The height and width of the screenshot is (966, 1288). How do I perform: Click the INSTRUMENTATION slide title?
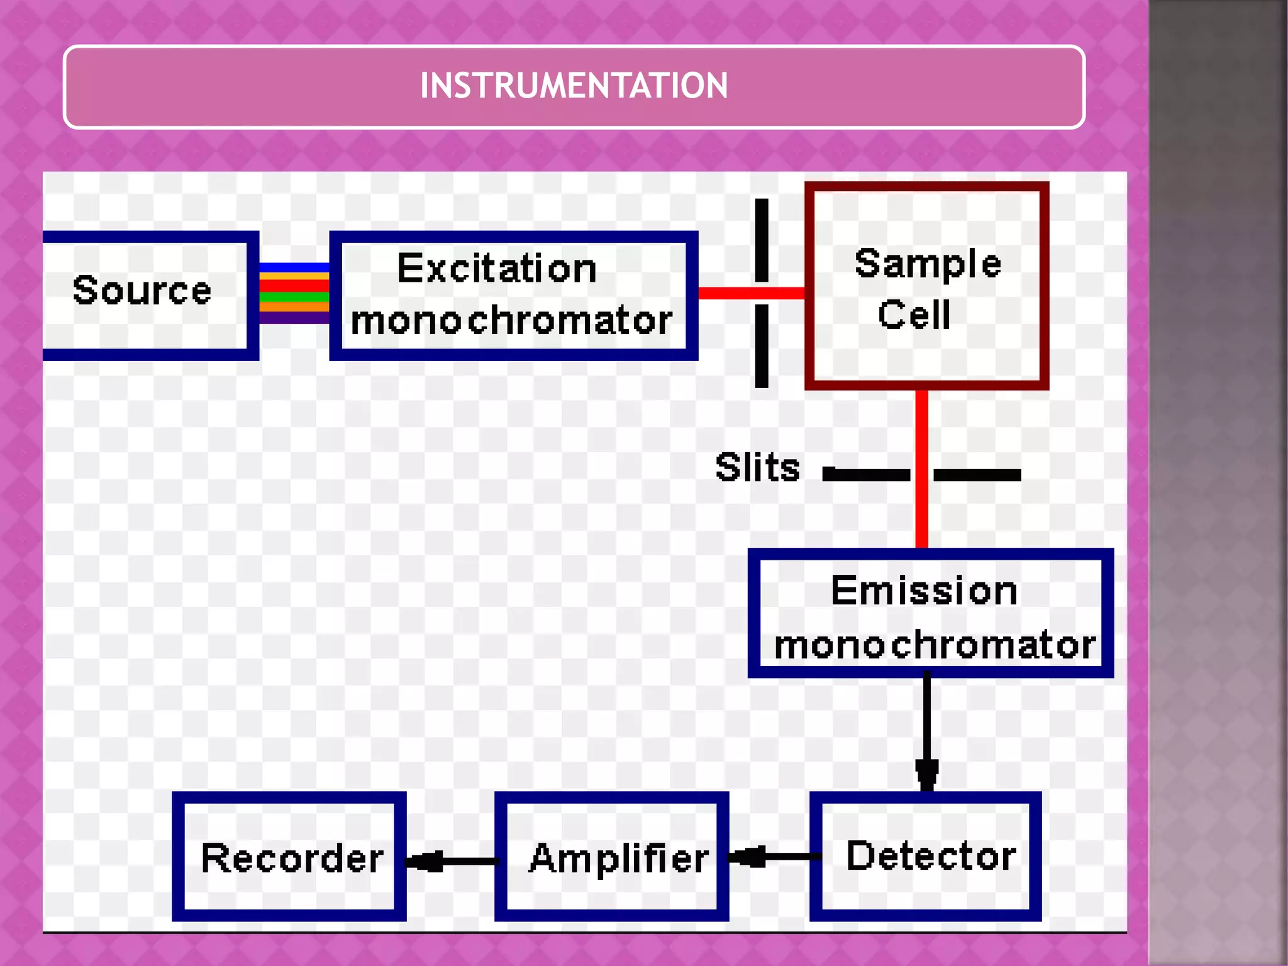(574, 86)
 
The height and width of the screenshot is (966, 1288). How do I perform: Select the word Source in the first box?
(142, 291)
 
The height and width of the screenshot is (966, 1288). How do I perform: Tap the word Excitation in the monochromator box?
(497, 269)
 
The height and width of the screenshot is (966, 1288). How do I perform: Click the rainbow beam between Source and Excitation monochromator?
(294, 293)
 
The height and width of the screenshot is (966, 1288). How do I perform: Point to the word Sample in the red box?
(928, 264)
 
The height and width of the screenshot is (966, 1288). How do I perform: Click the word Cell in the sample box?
(914, 314)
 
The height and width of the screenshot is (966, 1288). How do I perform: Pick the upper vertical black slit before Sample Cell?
(762, 240)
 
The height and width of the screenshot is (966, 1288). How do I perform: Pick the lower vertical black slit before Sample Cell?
(762, 345)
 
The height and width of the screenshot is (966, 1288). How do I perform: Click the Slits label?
(757, 467)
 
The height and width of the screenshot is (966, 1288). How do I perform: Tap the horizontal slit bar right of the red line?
(977, 475)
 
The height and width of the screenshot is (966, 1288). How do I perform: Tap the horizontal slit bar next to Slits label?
(867, 475)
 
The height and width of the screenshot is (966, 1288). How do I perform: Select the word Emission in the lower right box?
(924, 591)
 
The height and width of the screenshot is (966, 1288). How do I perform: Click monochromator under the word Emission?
(935, 645)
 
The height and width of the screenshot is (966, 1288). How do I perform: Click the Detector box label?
(931, 856)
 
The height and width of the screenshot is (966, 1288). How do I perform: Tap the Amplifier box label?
(619, 858)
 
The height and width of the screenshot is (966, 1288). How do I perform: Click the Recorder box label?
(292, 858)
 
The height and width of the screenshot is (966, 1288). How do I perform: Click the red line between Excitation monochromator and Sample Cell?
(730, 293)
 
